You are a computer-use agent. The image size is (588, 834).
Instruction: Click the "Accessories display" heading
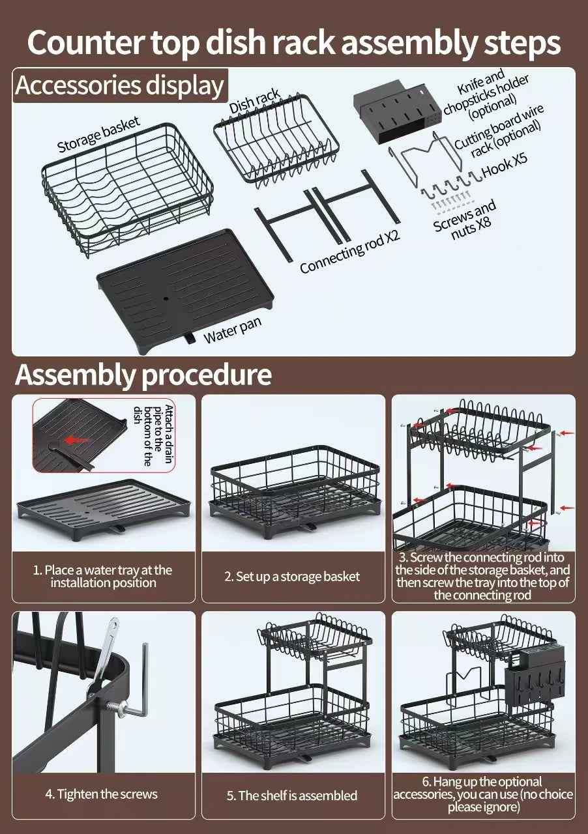120,85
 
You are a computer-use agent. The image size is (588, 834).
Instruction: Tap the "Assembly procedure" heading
143,375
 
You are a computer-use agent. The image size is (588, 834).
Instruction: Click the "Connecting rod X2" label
349,252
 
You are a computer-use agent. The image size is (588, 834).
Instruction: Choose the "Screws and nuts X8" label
465,219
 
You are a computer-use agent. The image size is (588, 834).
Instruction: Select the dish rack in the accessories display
276,145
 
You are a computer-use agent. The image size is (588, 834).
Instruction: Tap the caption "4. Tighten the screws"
101,794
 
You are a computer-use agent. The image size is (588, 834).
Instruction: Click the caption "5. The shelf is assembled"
291,796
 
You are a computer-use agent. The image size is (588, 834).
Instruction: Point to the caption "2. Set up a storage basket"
291,577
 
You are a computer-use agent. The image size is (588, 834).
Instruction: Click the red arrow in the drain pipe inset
78,440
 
